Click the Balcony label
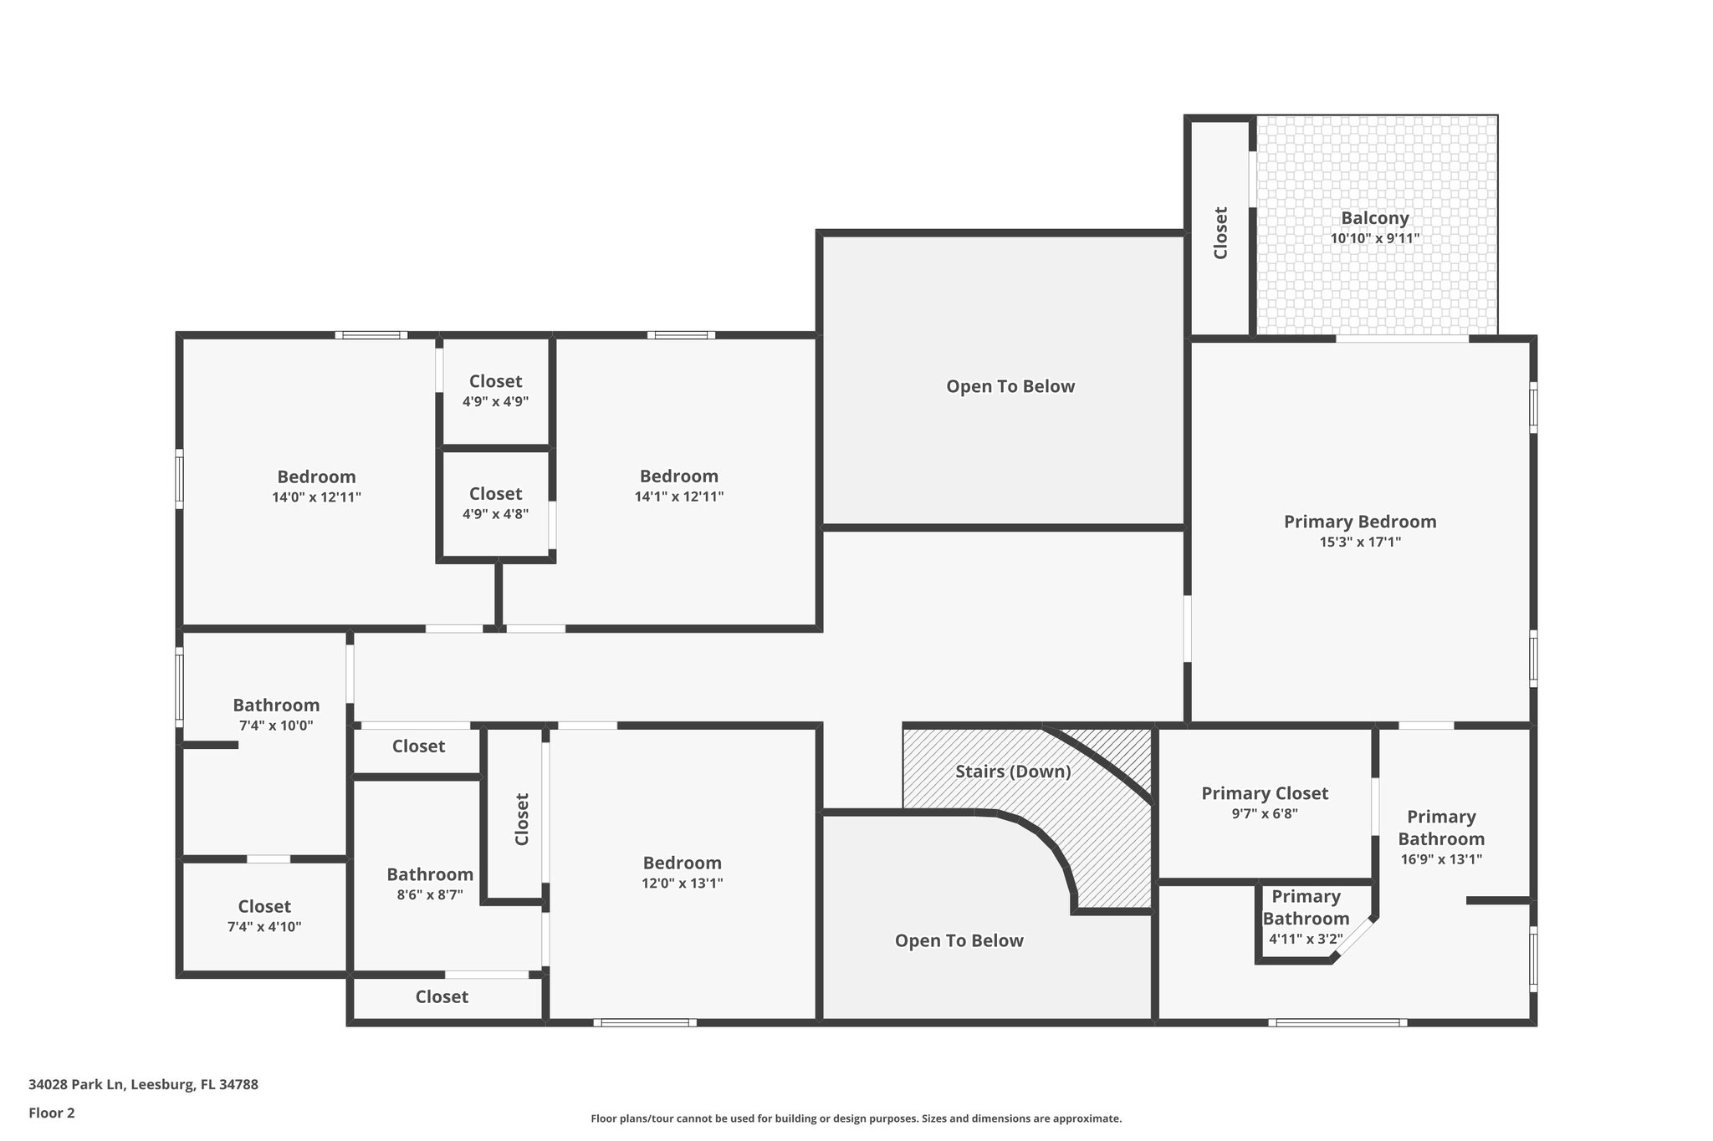[1375, 218]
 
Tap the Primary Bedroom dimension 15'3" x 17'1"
[1360, 542]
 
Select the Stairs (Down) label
[1013, 772]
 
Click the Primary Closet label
[1265, 793]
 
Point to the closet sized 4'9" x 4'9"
[495, 390]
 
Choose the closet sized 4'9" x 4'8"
[495, 503]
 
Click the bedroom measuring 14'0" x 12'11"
[316, 486]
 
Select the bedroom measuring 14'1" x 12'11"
[678, 485]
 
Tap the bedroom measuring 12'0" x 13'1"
[682, 872]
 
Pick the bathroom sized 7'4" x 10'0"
[276, 715]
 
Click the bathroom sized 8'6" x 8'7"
[430, 884]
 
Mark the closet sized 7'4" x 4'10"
[264, 916]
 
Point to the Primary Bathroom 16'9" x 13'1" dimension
[1441, 859]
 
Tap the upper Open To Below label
[1010, 386]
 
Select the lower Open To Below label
[959, 940]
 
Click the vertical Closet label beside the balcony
[1220, 233]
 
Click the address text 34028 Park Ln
[143, 1085]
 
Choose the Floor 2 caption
[52, 1113]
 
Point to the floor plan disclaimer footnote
[856, 1118]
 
